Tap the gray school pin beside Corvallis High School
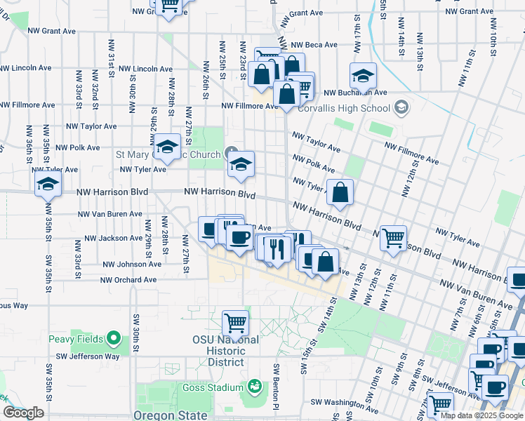(401, 107)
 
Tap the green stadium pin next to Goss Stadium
(254, 387)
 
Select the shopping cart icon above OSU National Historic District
(235, 323)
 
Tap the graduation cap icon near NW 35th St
(47, 184)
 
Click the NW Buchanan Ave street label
(356, 92)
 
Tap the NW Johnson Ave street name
(131, 265)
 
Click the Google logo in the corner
(23, 413)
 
